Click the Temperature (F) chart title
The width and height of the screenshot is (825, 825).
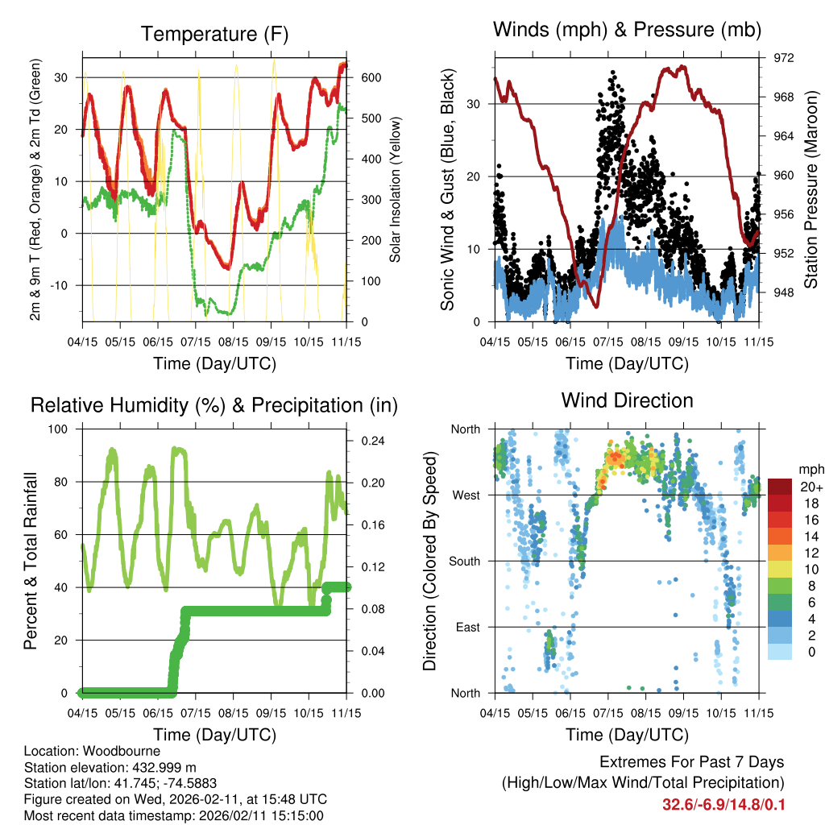coord(214,35)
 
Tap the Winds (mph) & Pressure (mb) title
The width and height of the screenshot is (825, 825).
coord(627,31)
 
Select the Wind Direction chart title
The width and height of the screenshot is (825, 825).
coord(627,400)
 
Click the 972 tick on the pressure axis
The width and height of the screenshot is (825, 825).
coord(783,58)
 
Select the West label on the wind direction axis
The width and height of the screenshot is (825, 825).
coord(466,495)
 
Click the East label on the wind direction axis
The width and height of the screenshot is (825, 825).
coord(467,627)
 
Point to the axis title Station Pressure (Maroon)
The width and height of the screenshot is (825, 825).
coord(810,189)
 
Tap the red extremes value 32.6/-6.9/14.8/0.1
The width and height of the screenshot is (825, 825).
coord(723,805)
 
